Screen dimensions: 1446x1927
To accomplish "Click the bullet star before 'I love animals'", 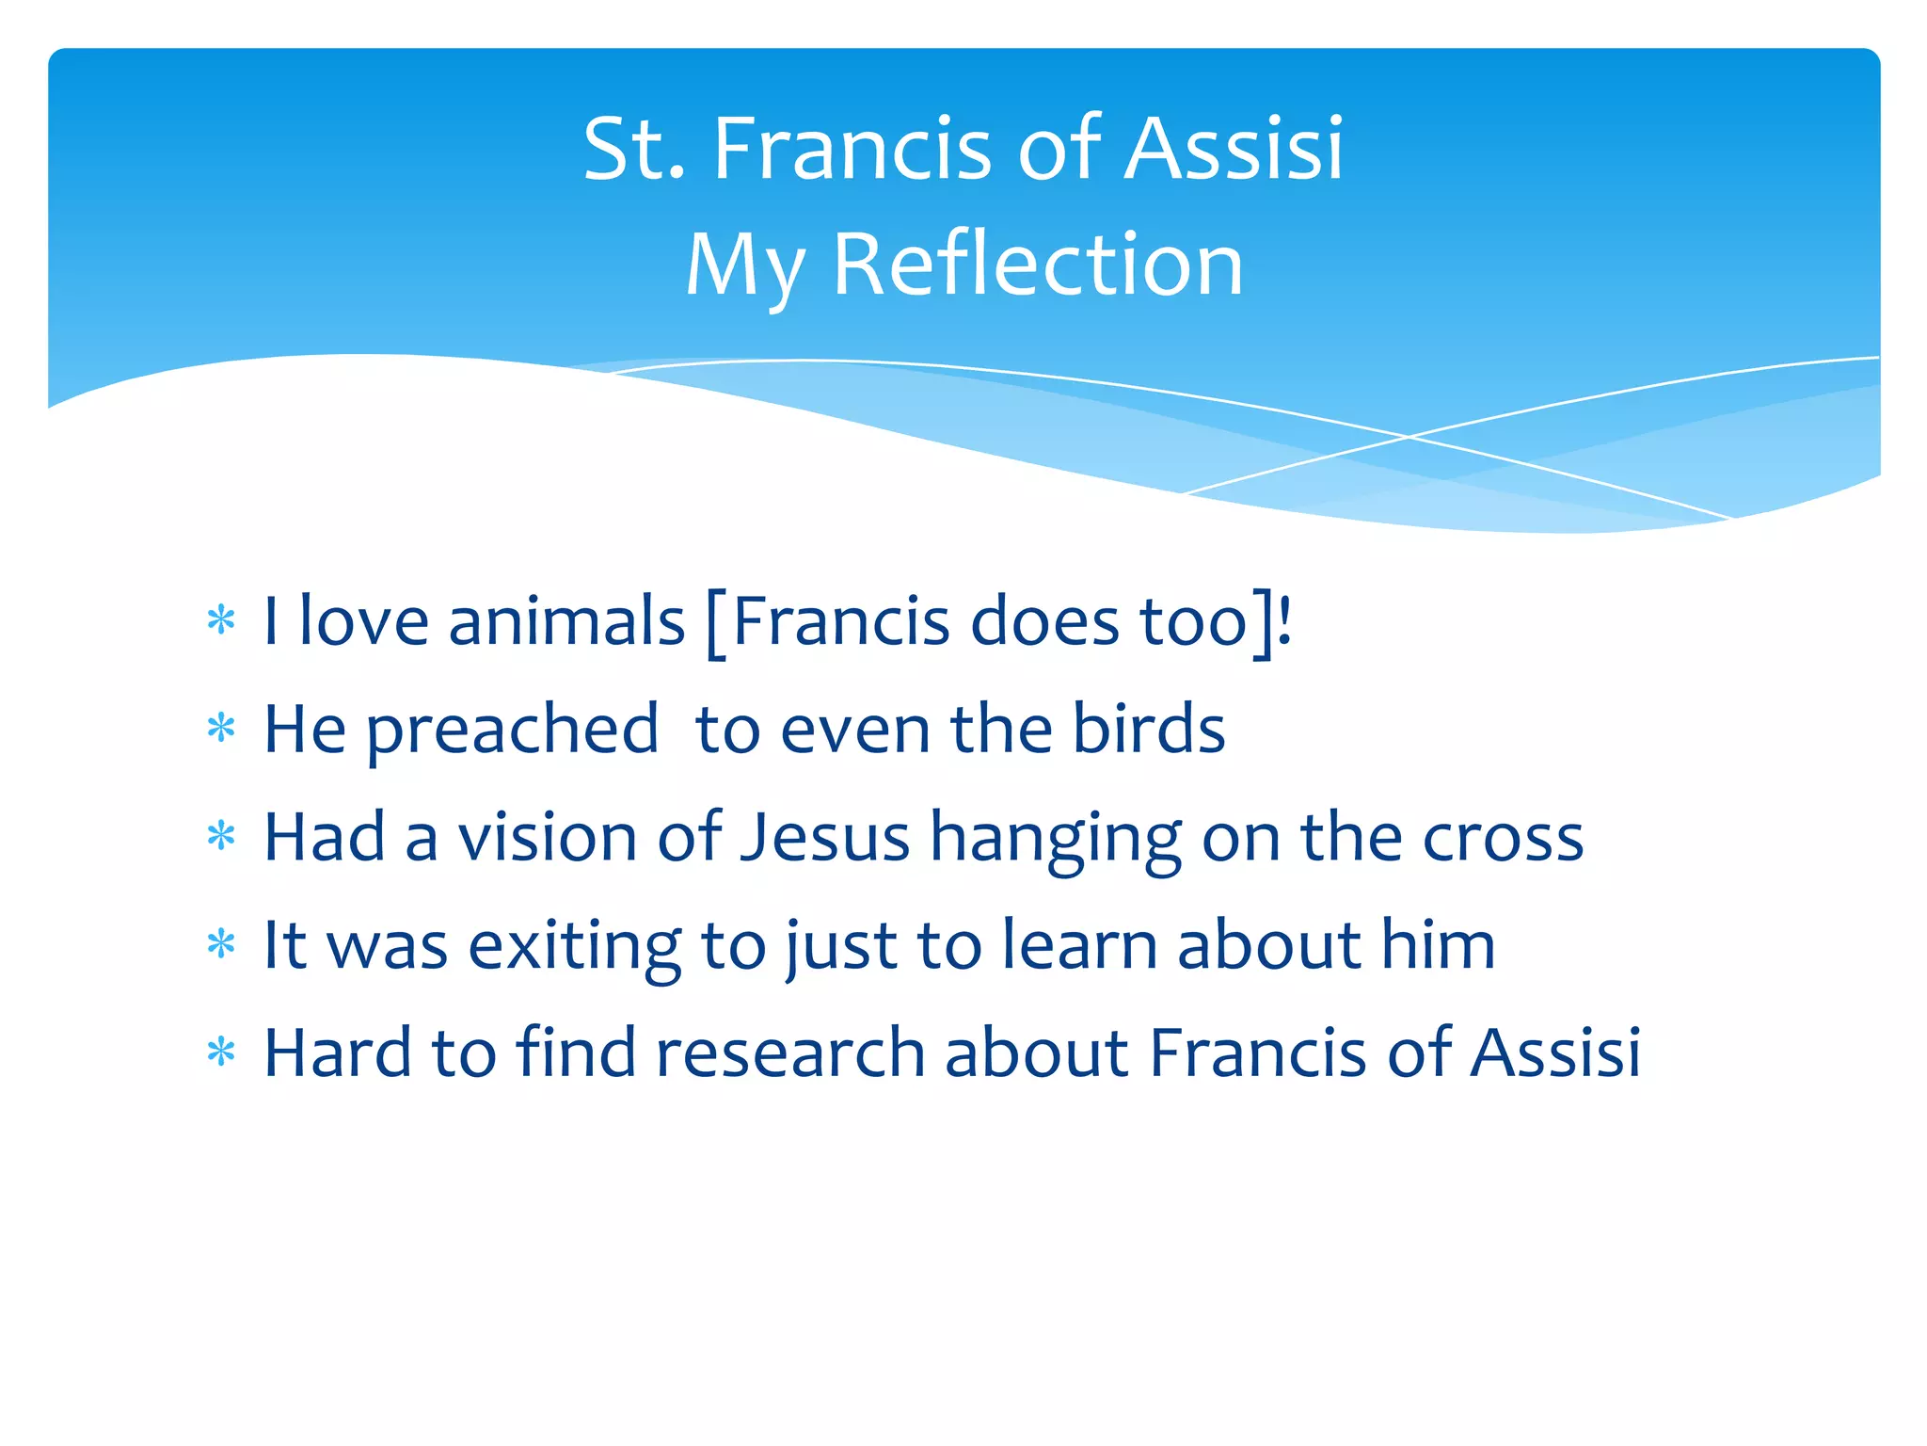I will (x=221, y=620).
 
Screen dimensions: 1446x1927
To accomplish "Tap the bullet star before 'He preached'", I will (x=221, y=728).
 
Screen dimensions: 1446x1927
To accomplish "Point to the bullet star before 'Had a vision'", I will (x=221, y=835).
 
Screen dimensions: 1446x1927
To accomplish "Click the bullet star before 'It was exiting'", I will (x=221, y=943).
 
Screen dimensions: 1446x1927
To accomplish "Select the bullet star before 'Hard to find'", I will (x=221, y=1052).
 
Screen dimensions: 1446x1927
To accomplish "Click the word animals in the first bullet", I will (x=566, y=622).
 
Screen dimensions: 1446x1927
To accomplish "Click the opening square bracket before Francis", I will (x=715, y=624).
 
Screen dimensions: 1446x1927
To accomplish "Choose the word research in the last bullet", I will (x=789, y=1052).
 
